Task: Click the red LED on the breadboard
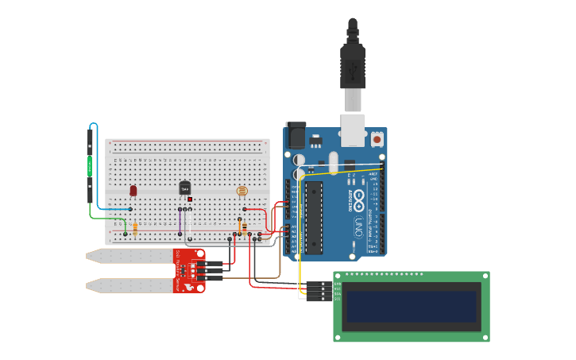(x=133, y=191)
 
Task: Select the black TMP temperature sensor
(x=184, y=189)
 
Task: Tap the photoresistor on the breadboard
(x=242, y=192)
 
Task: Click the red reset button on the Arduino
(x=377, y=140)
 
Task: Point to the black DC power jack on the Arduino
(x=296, y=135)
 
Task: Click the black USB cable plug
(x=352, y=68)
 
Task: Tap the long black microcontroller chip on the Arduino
(x=314, y=217)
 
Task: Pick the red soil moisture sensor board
(x=189, y=270)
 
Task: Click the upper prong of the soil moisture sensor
(x=131, y=256)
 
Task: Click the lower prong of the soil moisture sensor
(x=131, y=285)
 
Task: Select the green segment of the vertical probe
(x=90, y=166)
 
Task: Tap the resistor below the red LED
(x=135, y=229)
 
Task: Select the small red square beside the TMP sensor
(x=191, y=199)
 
